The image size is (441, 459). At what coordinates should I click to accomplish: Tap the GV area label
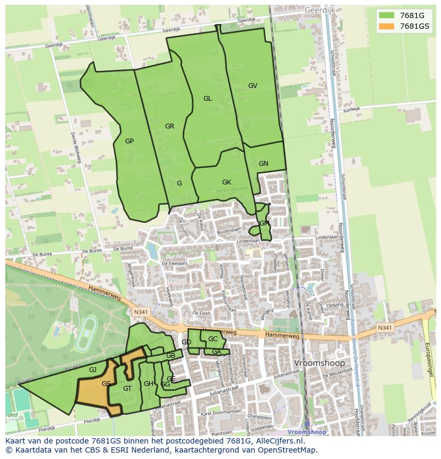pyautogui.click(x=252, y=86)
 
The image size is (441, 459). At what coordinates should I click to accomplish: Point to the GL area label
pyautogui.click(x=208, y=99)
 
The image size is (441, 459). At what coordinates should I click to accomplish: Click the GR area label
pyautogui.click(x=170, y=126)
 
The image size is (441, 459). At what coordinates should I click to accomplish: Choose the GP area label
pyautogui.click(x=129, y=141)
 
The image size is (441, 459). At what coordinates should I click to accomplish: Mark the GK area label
pyautogui.click(x=226, y=182)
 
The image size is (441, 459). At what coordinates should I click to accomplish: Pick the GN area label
pyautogui.click(x=264, y=164)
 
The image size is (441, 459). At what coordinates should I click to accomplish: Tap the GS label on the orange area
pyautogui.click(x=107, y=384)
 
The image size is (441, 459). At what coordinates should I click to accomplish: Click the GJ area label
pyautogui.click(x=93, y=370)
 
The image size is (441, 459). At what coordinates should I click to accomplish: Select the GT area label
pyautogui.click(x=127, y=389)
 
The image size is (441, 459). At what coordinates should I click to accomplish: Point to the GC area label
pyautogui.click(x=213, y=339)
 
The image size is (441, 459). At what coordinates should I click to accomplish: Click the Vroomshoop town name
pyautogui.click(x=320, y=363)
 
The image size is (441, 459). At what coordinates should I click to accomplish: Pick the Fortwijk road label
pyautogui.click(x=352, y=110)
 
